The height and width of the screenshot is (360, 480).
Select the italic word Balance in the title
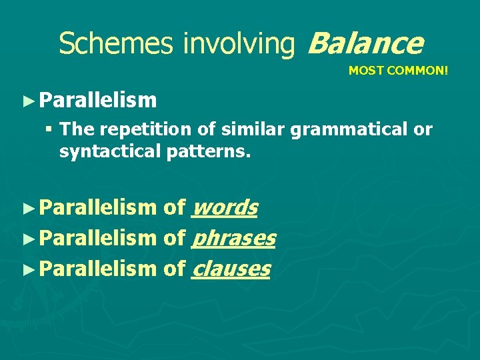365,43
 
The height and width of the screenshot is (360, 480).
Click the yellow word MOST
364,70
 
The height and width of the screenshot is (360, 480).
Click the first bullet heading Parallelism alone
97,101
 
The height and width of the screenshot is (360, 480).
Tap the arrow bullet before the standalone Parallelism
27,101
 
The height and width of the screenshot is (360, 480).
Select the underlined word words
224,208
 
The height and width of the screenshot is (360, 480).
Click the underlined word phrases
233,239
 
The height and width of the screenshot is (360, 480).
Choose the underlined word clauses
231,269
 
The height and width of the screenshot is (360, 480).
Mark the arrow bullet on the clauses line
27,269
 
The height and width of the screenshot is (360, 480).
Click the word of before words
174,208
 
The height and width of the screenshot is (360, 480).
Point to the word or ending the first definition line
423,129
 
